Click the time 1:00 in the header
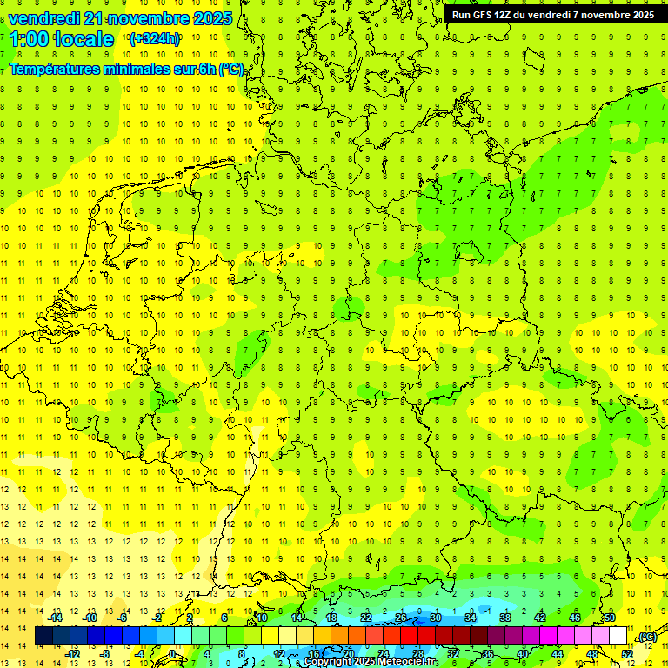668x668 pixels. click(27, 39)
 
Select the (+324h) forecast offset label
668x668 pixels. click(155, 39)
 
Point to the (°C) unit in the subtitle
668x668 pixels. click(231, 70)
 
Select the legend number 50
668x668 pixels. click(609, 618)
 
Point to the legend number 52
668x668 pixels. click(626, 654)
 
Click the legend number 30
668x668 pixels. click(435, 618)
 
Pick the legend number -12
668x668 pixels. click(73, 654)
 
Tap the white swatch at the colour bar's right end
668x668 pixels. click(618, 636)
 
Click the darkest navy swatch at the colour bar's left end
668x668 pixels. click(43, 636)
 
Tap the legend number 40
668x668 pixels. click(522, 654)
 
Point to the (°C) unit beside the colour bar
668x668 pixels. click(646, 638)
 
